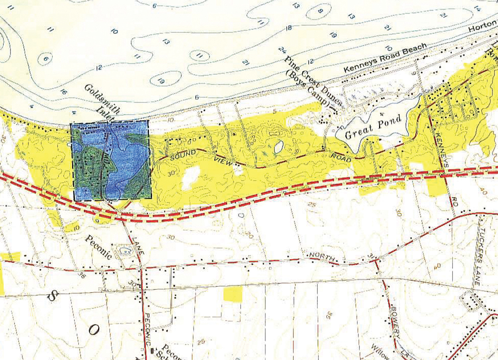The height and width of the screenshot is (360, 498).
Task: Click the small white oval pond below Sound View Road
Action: click(x=278, y=146)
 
